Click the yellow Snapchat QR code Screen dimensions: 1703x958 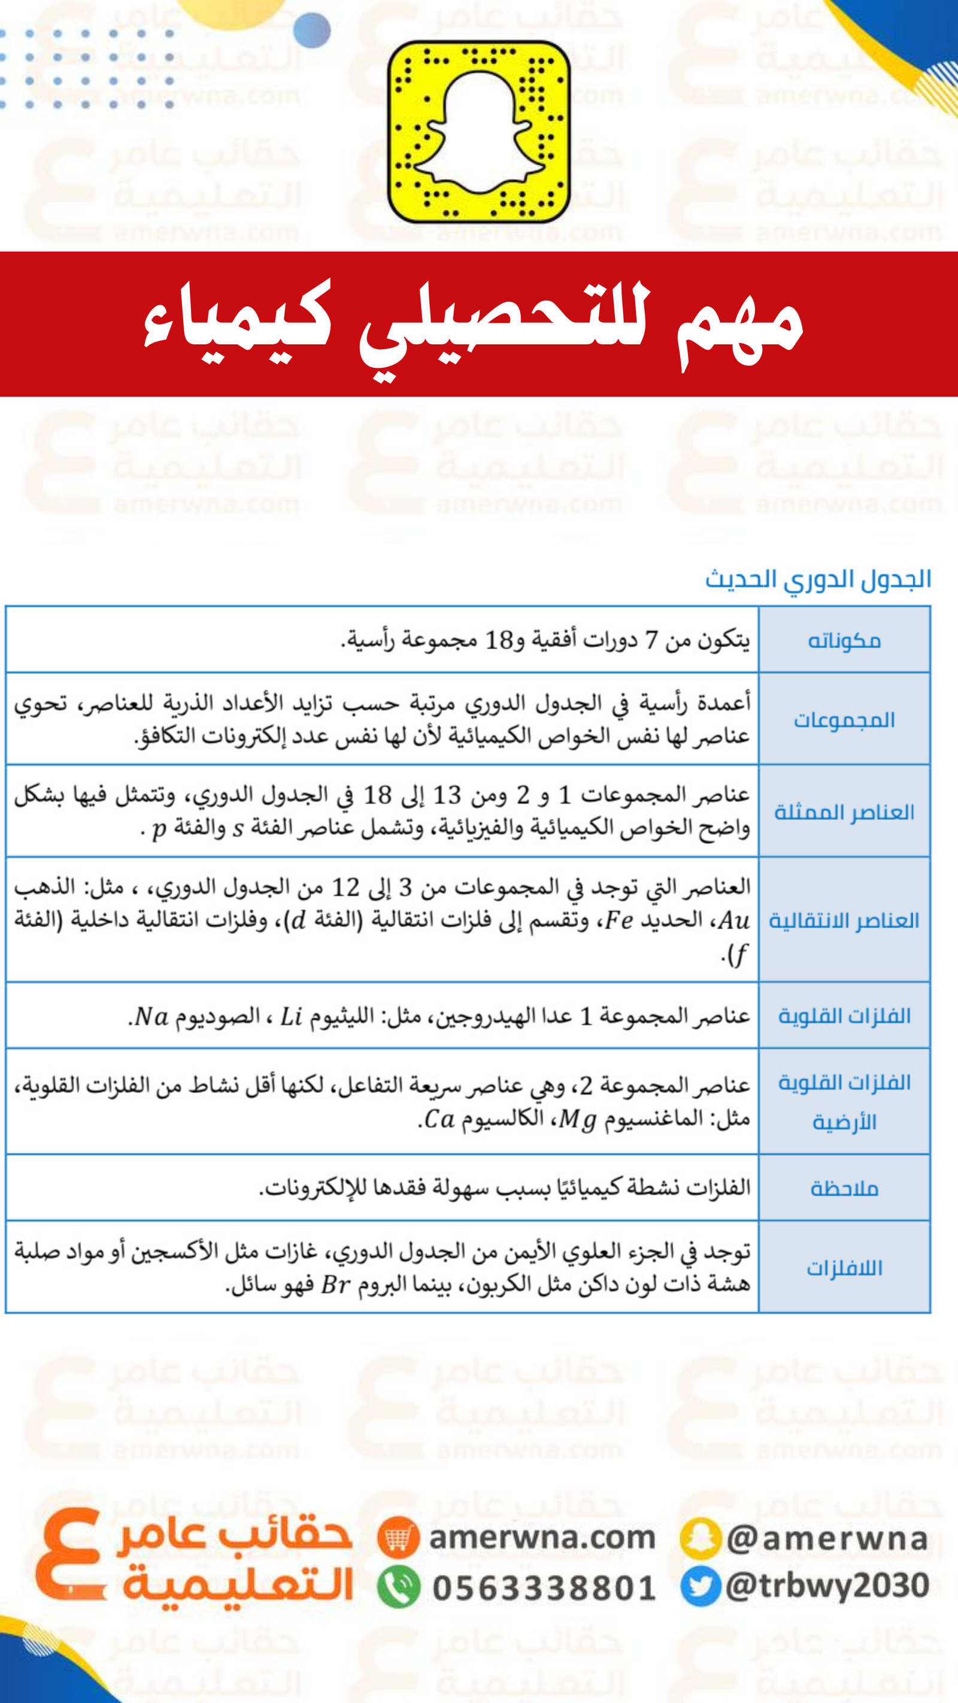click(x=478, y=132)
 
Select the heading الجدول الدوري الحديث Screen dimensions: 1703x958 click(x=818, y=580)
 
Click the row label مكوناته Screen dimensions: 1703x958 click(x=844, y=641)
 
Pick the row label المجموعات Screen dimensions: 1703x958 click(x=844, y=719)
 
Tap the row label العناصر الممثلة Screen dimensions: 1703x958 click(x=844, y=812)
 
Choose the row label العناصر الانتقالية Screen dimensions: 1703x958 click(x=844, y=920)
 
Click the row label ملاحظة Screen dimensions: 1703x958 click(x=844, y=1189)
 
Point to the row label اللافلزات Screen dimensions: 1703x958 click(x=844, y=1268)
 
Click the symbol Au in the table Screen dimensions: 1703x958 click(x=734, y=920)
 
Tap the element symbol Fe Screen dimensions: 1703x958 click(x=619, y=920)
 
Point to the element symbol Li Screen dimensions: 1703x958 click(x=291, y=1017)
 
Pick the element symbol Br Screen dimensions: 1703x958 click(x=335, y=1284)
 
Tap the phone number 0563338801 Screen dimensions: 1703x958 click(x=544, y=1589)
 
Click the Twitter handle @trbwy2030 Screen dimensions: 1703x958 click(x=827, y=1586)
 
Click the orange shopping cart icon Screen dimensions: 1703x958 click(x=398, y=1538)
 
